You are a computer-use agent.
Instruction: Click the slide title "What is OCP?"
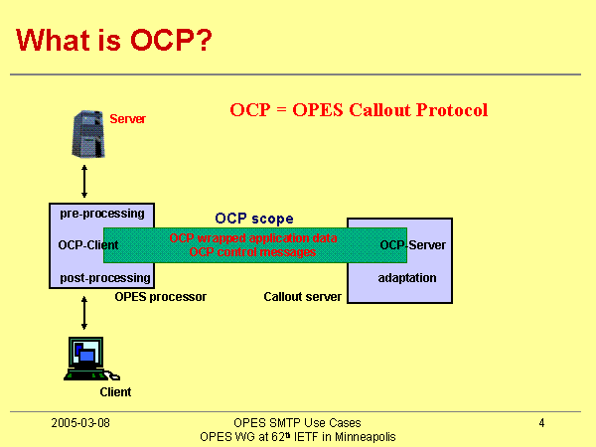[114, 41]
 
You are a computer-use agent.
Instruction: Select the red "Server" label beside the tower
[127, 119]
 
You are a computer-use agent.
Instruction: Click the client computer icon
[86, 359]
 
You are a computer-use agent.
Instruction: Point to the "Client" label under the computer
[115, 392]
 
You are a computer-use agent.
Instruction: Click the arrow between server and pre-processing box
[84, 182]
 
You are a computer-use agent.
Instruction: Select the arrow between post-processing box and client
[84, 310]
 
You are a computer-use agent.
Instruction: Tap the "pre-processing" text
[101, 214]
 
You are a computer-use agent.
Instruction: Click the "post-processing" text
[105, 278]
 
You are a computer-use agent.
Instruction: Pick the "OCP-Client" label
[81, 244]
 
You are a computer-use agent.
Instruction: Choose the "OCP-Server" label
[412, 244]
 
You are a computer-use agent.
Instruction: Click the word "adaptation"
[406, 278]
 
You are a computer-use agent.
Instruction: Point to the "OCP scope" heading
[254, 219]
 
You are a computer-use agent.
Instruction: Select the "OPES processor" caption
[160, 297]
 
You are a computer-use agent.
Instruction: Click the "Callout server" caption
[302, 297]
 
